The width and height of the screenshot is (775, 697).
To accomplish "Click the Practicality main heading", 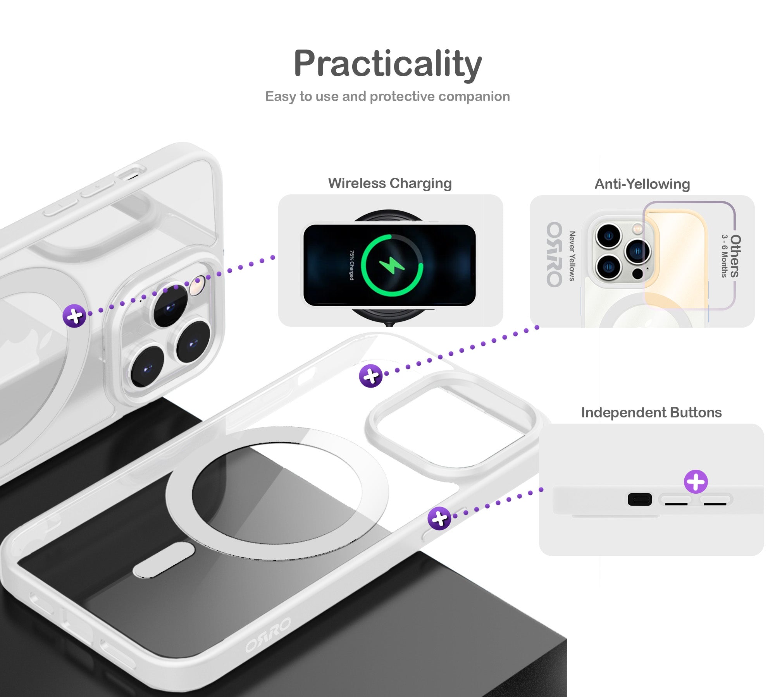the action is [x=387, y=64].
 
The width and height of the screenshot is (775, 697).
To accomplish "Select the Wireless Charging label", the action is [x=390, y=183].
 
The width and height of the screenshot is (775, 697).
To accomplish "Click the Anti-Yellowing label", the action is [x=642, y=184].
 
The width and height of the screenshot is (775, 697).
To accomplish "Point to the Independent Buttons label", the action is [x=651, y=412].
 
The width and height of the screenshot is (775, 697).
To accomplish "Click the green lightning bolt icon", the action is [x=392, y=265].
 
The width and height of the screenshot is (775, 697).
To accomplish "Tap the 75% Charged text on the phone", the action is [x=351, y=265].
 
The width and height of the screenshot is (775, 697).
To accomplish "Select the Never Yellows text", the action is [x=572, y=256].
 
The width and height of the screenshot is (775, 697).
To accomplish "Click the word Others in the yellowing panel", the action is [x=735, y=256].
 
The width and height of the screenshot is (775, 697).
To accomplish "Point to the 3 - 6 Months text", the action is [x=724, y=256].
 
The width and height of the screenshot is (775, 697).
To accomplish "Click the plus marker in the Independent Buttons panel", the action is [x=696, y=482].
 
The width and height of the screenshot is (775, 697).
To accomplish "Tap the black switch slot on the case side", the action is [x=640, y=500].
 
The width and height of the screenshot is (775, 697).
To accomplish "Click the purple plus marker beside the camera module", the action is [x=74, y=316].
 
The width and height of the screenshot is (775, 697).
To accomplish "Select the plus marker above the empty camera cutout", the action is [x=371, y=376].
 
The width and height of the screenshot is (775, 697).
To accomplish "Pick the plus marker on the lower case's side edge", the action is [x=439, y=518].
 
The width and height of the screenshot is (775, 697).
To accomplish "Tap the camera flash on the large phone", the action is [x=198, y=286].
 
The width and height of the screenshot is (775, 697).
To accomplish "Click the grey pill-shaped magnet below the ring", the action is [x=164, y=560].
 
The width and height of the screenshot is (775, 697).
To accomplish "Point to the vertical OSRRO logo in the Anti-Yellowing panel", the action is [x=554, y=254].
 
